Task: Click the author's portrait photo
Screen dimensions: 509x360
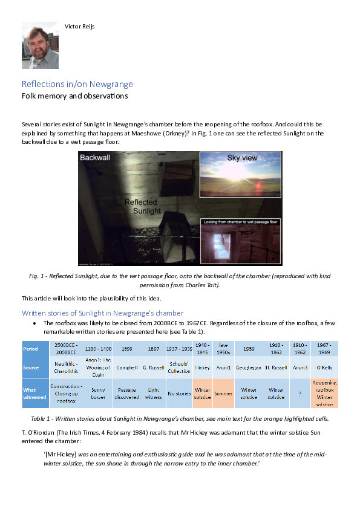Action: tap(41, 45)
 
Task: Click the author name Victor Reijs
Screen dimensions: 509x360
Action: tap(79, 26)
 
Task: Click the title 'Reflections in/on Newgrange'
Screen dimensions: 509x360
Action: tap(77, 84)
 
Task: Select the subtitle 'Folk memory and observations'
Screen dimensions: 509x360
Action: tap(74, 96)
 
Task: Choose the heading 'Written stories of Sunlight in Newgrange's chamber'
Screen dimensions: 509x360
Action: tap(102, 313)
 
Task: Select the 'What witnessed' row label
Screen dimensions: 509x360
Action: tap(34, 393)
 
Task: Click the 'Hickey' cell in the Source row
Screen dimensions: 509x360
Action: tap(202, 367)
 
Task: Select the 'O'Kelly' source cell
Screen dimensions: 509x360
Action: tap(324, 367)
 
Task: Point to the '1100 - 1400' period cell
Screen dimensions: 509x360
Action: tap(98, 349)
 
